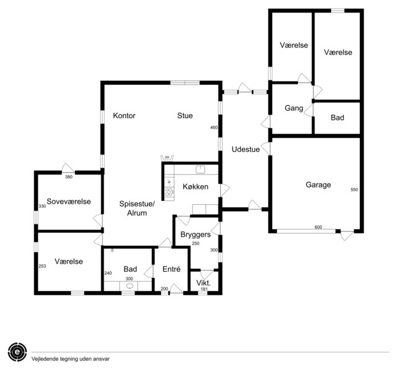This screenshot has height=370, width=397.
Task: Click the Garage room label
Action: [318, 185]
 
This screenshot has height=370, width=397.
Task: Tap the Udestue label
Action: [246, 149]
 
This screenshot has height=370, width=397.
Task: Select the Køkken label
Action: [195, 187]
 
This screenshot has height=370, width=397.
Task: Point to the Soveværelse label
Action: [69, 202]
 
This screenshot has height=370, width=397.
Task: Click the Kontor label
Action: [124, 115]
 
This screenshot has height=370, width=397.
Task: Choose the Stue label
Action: [185, 115]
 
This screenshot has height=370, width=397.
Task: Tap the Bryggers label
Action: [195, 235]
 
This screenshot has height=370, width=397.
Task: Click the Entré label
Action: [171, 269]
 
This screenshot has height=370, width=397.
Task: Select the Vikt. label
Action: [203, 283]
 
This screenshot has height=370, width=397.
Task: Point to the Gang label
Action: [293, 108]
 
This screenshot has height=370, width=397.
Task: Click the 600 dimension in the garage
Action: [318, 227]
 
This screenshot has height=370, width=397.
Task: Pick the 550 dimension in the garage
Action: [354, 189]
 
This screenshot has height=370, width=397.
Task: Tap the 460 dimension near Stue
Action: [214, 127]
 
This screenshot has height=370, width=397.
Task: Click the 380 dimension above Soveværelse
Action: [69, 177]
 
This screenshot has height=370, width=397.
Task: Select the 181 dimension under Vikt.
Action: [204, 289]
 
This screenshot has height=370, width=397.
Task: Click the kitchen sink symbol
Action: [200, 169]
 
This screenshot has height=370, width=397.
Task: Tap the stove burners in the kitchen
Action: [169, 192]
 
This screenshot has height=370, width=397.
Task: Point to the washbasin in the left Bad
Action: [130, 286]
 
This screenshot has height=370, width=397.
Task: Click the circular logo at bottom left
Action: [17, 352]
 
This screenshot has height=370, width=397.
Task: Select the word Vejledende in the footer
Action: [42, 359]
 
